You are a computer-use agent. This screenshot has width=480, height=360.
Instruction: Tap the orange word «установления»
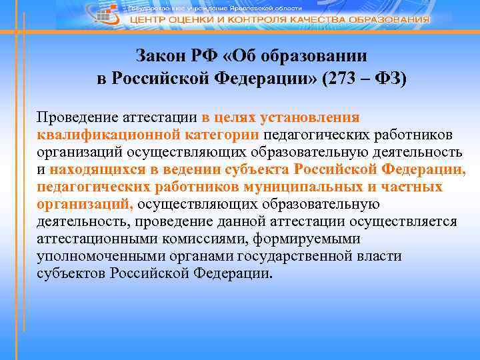coord(309,117)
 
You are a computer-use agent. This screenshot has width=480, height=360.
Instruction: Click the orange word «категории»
coord(219,135)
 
